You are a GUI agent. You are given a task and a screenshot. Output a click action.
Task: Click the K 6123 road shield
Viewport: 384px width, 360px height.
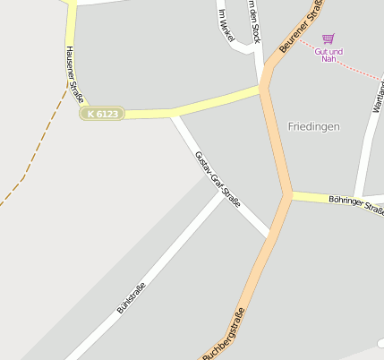tap(101, 114)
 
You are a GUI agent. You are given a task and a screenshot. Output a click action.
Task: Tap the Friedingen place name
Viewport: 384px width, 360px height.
tap(314, 127)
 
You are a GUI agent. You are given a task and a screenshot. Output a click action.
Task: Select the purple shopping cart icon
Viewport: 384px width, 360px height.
tap(329, 39)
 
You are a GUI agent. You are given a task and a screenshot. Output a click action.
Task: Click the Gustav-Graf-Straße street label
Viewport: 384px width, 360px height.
tap(218, 180)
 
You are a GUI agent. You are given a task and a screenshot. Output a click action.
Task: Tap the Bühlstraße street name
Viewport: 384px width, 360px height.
tap(131, 297)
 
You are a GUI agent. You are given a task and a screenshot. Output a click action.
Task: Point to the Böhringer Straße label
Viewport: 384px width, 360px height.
tap(355, 205)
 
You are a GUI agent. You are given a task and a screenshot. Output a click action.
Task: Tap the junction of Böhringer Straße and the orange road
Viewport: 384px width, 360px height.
tap(289, 194)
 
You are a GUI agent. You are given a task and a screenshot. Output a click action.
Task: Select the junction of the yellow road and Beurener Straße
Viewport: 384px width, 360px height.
tap(263, 89)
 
